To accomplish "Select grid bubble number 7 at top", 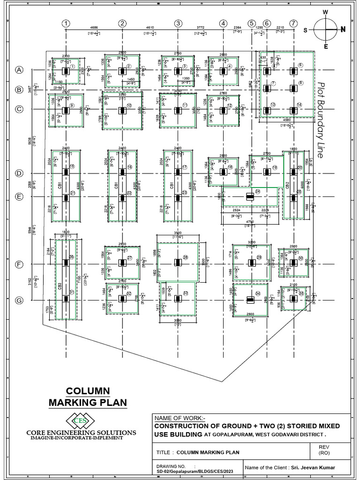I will pyautogui.click(x=293, y=23).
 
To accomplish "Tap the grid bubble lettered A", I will pyautogui.click(x=19, y=70).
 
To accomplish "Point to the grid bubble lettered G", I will pyautogui.click(x=19, y=300).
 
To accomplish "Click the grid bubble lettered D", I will pyautogui.click(x=19, y=173).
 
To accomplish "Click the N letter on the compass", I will pyautogui.click(x=343, y=29).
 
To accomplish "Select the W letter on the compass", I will pyautogui.click(x=325, y=12).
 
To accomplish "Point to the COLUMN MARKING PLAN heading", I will pyautogui.click(x=88, y=397).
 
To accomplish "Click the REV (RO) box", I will pyautogui.click(x=324, y=450).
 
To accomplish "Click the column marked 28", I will pyautogui.click(x=178, y=263).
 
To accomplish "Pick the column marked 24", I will pyautogui.click(x=250, y=196).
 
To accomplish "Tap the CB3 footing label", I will pyautogui.click(x=60, y=285).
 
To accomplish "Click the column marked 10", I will pyautogui.click(x=122, y=111).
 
